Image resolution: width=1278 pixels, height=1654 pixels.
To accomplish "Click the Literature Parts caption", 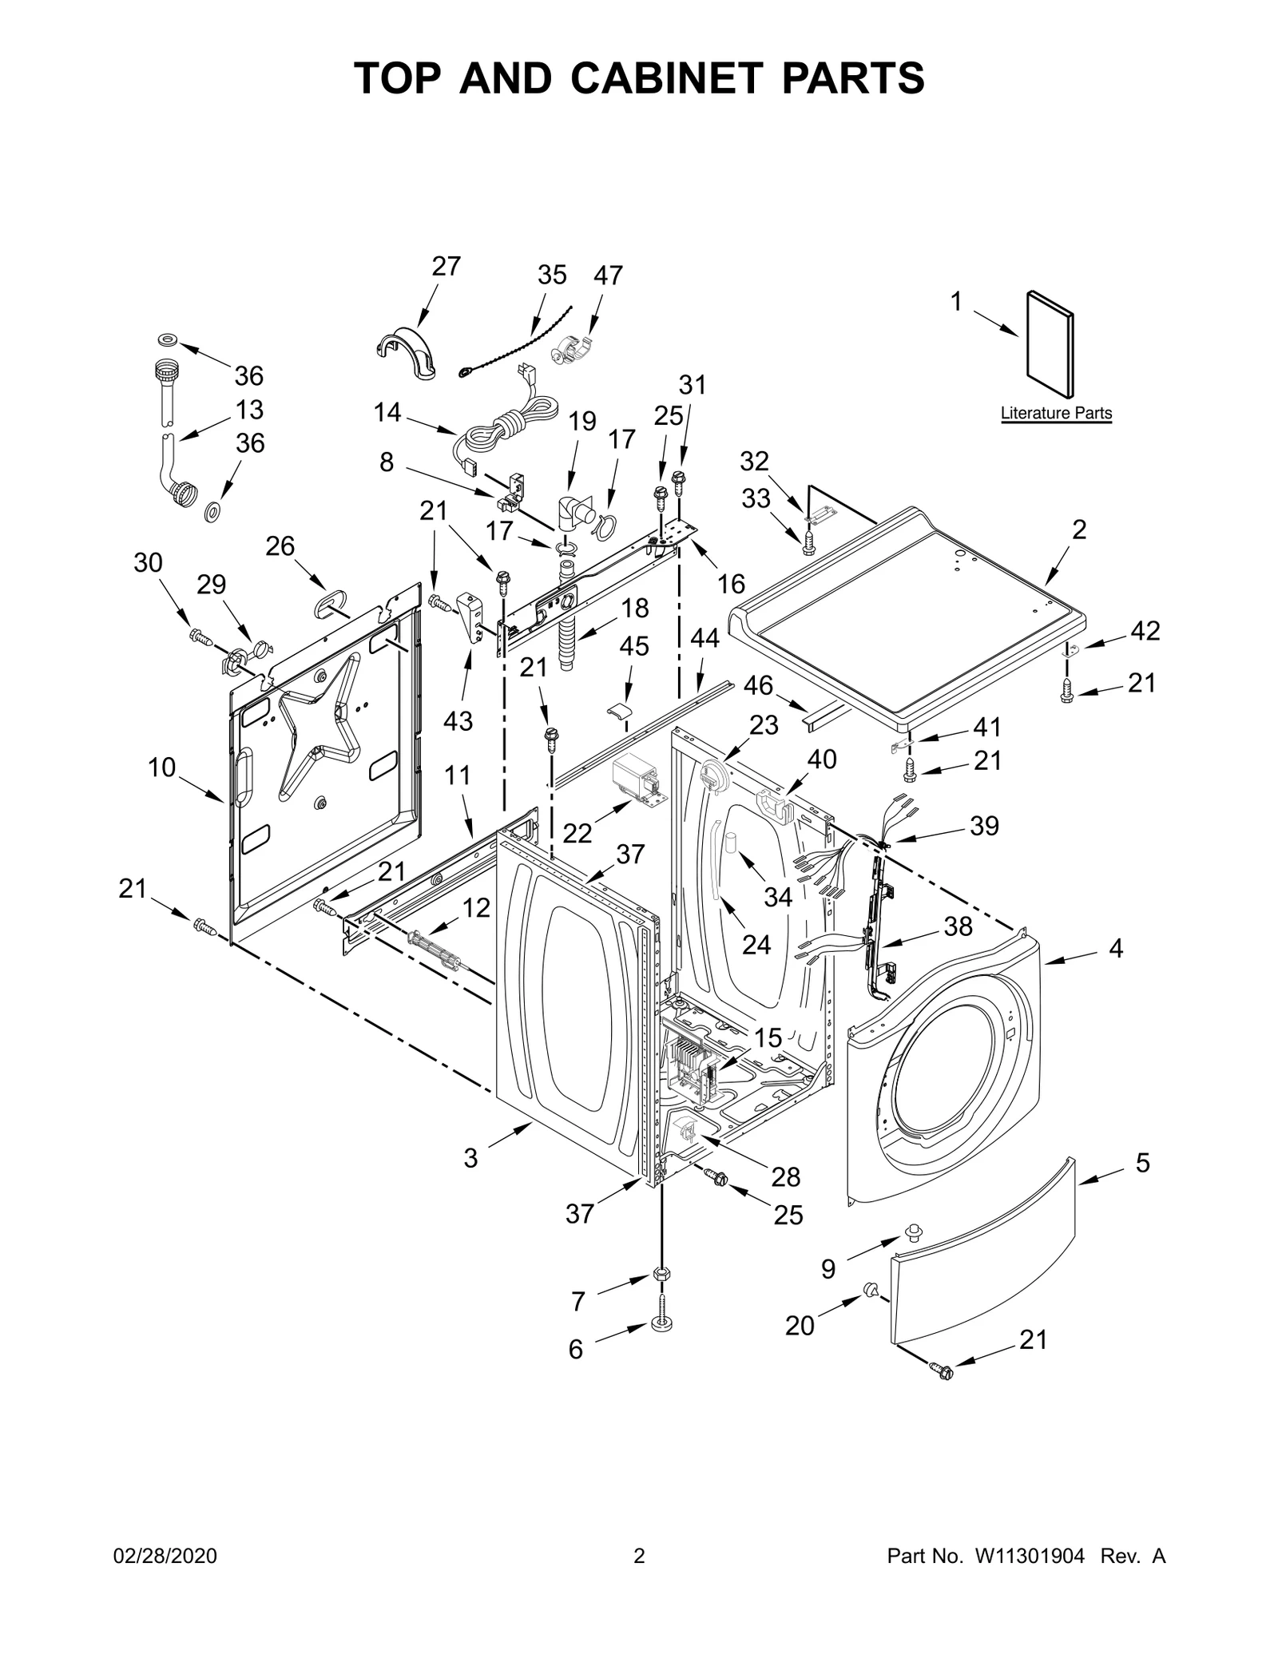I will point(1055,413).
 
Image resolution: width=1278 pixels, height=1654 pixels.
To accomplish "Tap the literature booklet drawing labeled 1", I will point(1050,344).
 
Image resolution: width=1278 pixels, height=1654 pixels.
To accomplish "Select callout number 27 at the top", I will point(447,266).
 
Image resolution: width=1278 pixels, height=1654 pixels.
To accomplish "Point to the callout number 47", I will point(608,276).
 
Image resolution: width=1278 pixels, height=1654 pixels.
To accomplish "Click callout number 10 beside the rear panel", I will point(161,768).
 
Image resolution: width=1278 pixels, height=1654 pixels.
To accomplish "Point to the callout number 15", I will point(768,1037).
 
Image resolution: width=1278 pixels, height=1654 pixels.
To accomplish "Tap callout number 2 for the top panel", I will point(1078,530).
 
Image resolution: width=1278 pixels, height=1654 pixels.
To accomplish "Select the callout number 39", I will point(984,826).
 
